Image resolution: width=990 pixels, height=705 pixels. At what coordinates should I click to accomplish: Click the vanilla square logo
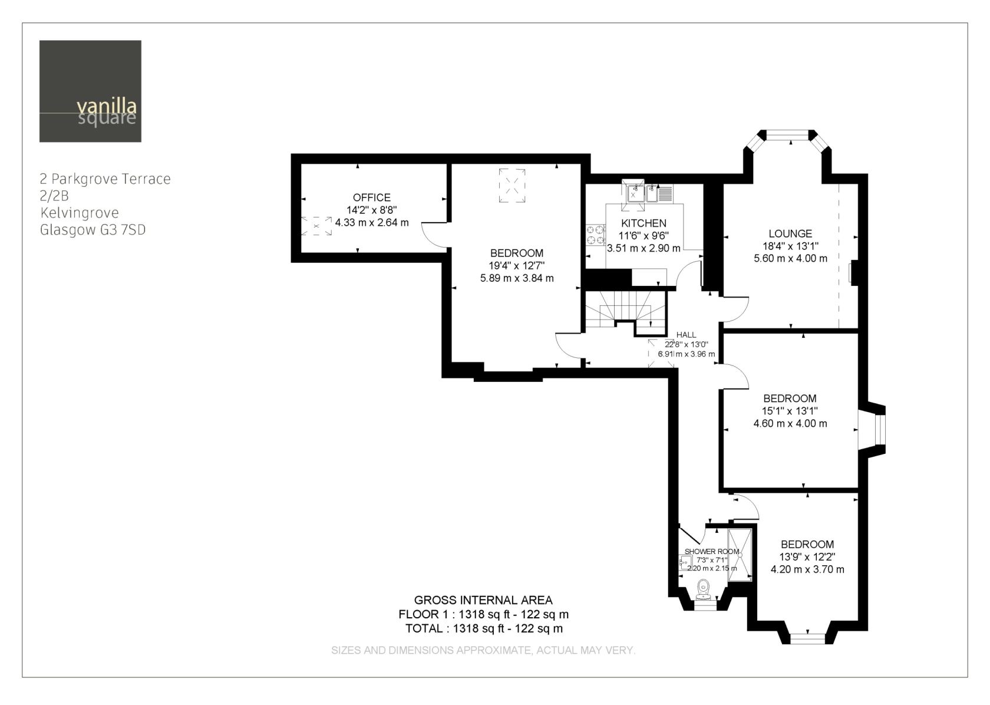90,91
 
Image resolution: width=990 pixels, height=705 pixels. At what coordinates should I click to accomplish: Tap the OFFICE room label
372,197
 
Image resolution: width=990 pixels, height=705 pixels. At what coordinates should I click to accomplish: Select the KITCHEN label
643,223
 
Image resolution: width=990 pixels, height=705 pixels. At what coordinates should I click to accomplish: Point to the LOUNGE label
790,233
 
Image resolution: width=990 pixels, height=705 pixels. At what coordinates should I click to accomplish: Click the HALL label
686,335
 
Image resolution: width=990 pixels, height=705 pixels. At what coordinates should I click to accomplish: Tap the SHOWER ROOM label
712,552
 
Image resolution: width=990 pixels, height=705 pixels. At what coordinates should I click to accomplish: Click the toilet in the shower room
703,589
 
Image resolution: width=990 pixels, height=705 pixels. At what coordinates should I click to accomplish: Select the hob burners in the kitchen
595,235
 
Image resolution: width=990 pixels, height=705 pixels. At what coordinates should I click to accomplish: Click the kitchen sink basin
635,193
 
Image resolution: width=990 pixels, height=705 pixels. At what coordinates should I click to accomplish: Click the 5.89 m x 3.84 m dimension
517,278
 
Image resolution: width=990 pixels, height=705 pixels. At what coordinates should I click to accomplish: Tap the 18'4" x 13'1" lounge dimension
790,246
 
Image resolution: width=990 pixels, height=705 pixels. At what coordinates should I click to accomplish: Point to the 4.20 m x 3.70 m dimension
807,569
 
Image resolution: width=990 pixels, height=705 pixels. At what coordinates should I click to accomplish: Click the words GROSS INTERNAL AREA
483,600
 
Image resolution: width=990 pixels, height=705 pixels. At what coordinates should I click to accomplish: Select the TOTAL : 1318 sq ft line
484,628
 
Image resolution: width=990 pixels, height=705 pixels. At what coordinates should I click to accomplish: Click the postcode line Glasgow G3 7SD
93,230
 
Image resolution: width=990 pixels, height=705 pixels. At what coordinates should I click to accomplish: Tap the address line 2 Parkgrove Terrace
105,179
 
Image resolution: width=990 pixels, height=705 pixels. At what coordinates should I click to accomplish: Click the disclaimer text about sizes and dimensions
483,650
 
